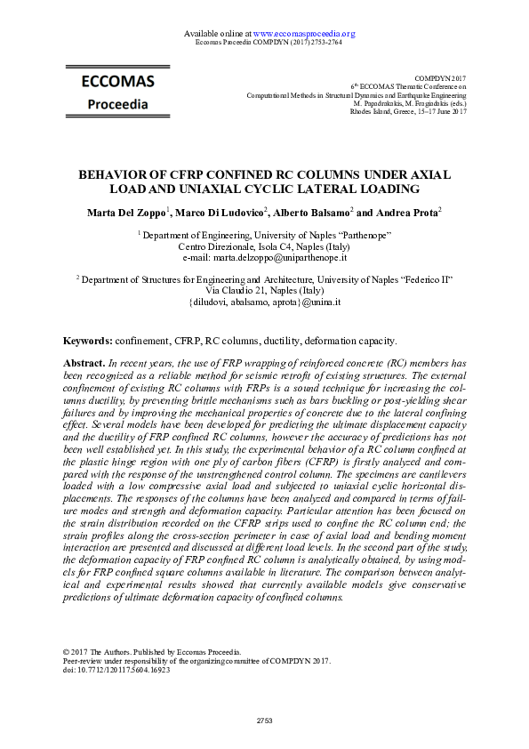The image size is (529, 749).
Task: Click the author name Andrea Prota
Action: tap(402, 213)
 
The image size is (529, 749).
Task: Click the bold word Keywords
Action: tap(87, 341)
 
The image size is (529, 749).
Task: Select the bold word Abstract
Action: tap(84, 364)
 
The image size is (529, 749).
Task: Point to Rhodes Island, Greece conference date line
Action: tap(409, 112)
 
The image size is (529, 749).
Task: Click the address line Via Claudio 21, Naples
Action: tap(264, 290)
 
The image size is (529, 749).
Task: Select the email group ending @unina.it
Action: tap(264, 302)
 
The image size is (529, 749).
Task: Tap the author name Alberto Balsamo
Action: tap(305, 213)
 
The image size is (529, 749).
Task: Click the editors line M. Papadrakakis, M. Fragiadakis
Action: tap(416, 103)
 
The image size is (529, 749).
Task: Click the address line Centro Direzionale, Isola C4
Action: tap(264, 245)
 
